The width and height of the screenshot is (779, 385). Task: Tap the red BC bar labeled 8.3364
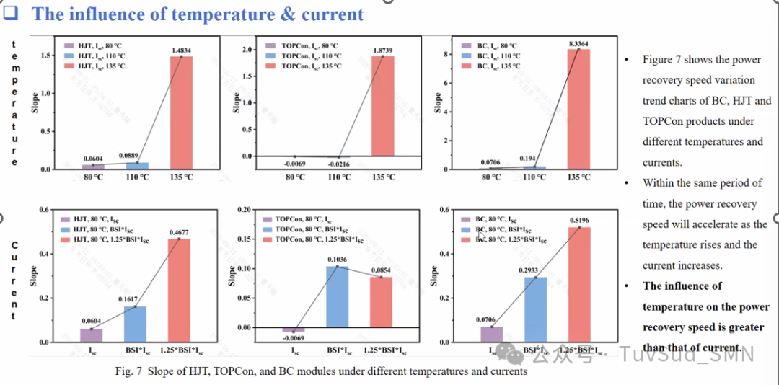click(578, 109)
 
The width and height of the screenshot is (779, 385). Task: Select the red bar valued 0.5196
click(579, 284)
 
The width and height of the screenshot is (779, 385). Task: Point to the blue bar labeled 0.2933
click(534, 309)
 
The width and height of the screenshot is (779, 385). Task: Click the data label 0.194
click(534, 157)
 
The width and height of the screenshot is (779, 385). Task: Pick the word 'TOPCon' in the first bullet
click(663, 121)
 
